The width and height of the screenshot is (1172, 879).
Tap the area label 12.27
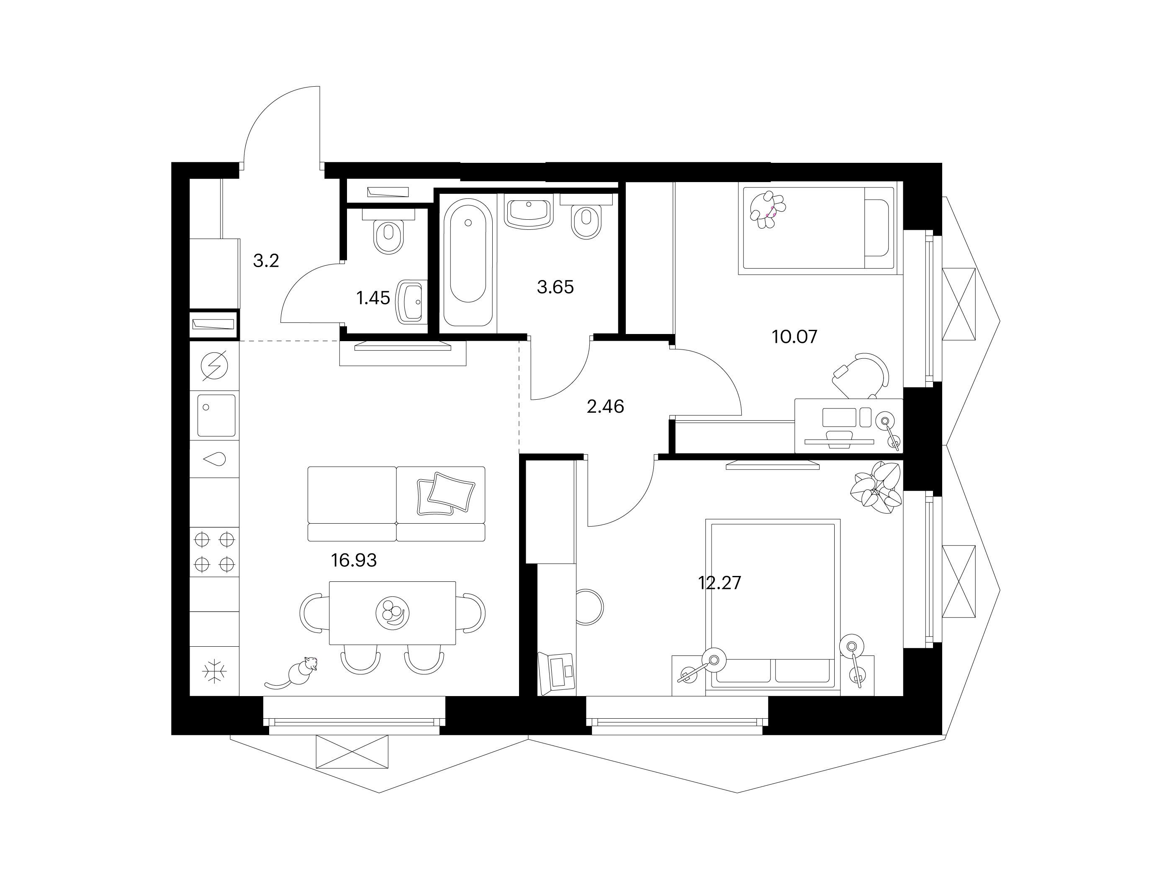tap(720, 583)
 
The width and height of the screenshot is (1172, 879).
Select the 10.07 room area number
tap(795, 337)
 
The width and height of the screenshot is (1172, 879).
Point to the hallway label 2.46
tap(605, 406)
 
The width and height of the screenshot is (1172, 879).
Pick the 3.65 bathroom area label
tap(555, 287)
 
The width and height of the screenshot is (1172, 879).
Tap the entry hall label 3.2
tap(266, 261)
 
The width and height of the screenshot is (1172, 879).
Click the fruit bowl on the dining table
tap(393, 612)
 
